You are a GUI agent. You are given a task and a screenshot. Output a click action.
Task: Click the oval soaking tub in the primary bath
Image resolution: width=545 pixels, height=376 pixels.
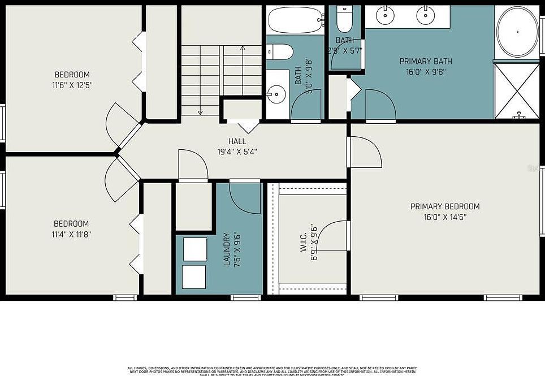point(517,32)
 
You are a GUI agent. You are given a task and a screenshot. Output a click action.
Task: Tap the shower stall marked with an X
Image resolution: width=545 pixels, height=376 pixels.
point(517,90)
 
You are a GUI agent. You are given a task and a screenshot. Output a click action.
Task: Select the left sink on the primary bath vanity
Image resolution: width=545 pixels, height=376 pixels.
point(386,15)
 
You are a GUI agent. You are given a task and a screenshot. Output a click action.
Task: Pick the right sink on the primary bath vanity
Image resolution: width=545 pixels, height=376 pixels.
point(426,15)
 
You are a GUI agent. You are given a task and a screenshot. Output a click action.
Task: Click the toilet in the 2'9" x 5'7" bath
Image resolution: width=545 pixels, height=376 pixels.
point(344,21)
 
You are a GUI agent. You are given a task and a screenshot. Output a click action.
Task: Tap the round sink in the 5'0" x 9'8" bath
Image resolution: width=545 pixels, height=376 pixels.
point(276,95)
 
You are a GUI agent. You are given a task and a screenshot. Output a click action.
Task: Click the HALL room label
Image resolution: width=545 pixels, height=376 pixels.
point(237,141)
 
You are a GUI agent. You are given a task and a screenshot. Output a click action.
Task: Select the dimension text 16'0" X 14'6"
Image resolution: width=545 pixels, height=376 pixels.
point(445,217)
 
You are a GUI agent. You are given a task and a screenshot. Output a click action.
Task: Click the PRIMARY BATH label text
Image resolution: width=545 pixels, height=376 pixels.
point(426,61)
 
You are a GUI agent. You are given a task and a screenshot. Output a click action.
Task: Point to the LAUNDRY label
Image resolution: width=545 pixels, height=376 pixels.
point(227,249)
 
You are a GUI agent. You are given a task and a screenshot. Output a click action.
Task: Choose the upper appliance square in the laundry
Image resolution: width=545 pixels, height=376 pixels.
point(195,249)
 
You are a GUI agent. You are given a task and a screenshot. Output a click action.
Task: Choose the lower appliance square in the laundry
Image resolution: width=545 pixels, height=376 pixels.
point(194,277)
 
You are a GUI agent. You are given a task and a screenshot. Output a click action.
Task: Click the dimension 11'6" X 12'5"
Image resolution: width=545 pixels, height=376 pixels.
point(72,85)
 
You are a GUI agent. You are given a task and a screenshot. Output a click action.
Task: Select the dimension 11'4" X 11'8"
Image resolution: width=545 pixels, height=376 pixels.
point(72,234)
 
